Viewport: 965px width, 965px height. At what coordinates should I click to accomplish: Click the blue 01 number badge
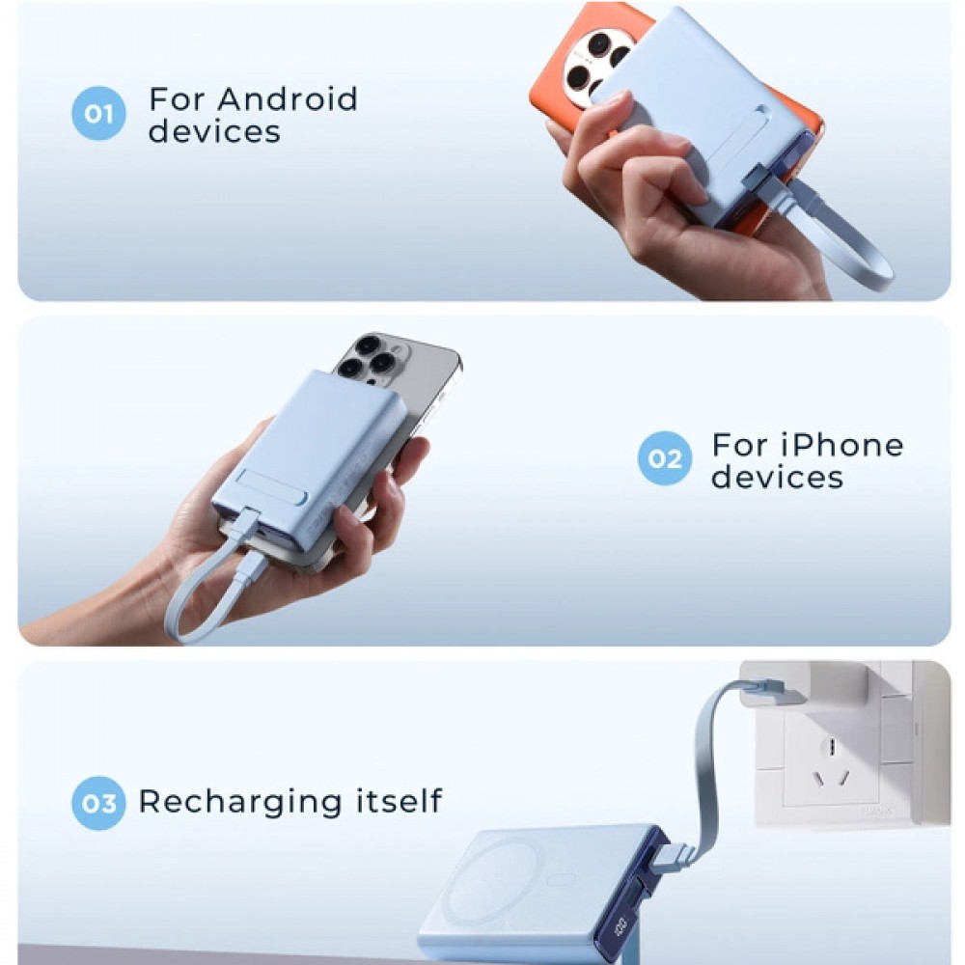pos(98,113)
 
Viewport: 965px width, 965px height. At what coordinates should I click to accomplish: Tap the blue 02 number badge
pos(665,458)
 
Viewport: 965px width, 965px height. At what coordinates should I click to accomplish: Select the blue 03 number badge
pos(98,803)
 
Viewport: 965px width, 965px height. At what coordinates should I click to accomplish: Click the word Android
pos(288,99)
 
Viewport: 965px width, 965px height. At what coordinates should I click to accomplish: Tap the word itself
pos(400,800)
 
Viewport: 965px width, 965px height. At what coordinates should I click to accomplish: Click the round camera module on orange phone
pos(598,62)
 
